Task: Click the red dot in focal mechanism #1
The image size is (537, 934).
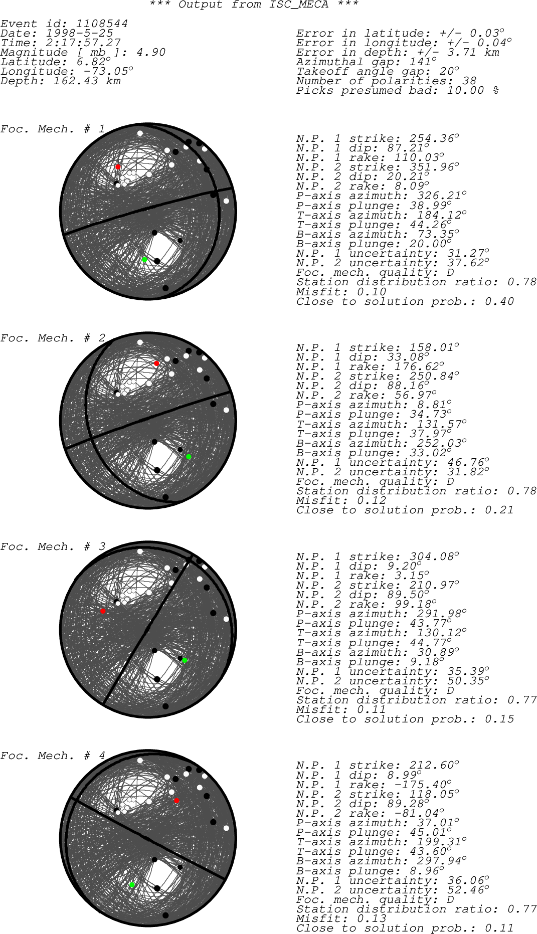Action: tap(118, 166)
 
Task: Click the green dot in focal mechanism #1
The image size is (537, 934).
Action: tap(144, 260)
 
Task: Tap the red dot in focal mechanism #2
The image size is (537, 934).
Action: tap(156, 363)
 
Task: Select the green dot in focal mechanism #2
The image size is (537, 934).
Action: tap(189, 457)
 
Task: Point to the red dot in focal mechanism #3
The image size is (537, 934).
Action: tap(103, 611)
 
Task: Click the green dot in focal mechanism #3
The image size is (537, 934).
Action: tap(185, 660)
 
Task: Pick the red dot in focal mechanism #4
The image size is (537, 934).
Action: tap(176, 801)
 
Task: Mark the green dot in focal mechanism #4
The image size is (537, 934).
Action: tap(132, 885)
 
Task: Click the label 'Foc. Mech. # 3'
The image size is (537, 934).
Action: tap(53, 547)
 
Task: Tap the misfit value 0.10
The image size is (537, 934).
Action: tap(371, 292)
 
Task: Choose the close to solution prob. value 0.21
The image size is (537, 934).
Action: tap(499, 510)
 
